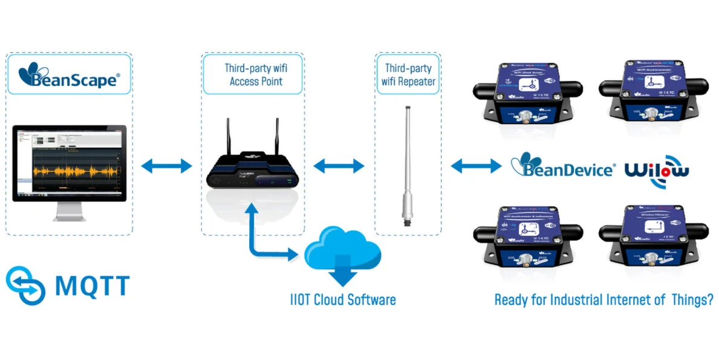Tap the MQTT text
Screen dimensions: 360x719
[x=92, y=285]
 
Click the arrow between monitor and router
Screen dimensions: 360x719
[x=166, y=165]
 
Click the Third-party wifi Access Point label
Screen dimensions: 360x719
[x=253, y=74]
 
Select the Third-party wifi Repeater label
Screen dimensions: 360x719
[x=408, y=74]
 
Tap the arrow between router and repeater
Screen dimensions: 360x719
[x=339, y=165]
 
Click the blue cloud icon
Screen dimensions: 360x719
[x=342, y=252]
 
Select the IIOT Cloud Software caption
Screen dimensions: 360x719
[x=342, y=299]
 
